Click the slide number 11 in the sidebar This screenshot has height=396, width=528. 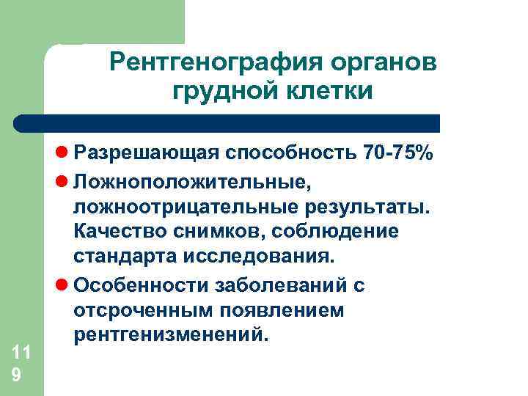point(21,352)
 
